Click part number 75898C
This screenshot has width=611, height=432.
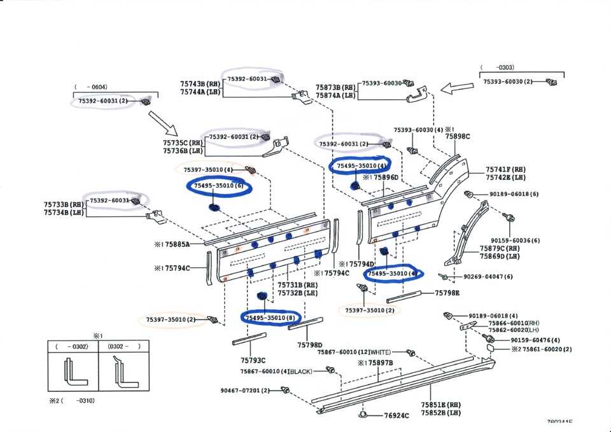point(457,136)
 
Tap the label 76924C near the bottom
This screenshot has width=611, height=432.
point(397,415)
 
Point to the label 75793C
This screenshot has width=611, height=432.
point(253,359)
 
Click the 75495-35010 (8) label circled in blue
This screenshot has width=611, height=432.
point(272,317)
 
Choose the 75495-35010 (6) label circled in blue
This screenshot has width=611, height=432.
point(219,186)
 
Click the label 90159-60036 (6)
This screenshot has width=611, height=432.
point(516,240)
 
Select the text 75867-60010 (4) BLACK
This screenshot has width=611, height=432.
point(276,371)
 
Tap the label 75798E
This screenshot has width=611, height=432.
point(447,293)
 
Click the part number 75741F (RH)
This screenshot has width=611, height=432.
point(506,169)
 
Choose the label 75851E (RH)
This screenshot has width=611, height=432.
point(440,405)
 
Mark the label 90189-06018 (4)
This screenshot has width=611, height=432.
point(493,316)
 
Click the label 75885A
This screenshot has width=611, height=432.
point(178,243)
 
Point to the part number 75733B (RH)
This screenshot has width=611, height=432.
point(64,205)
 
